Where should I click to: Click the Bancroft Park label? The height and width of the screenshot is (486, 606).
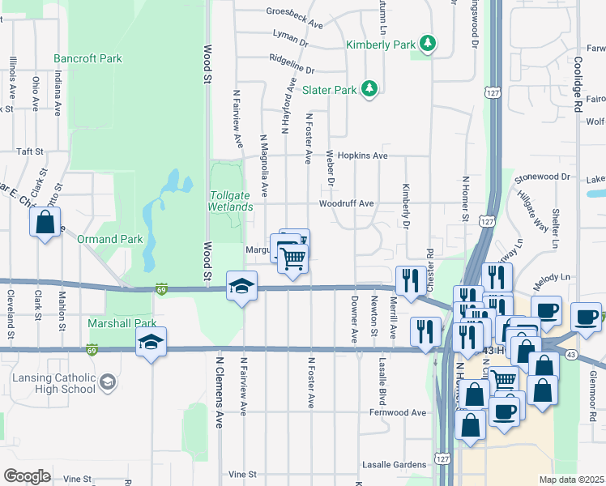(x=87, y=58)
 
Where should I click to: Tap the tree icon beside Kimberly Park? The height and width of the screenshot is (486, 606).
(x=427, y=44)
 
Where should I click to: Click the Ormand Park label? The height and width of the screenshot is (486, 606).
(x=109, y=239)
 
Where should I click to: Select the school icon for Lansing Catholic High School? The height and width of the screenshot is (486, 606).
(x=106, y=381)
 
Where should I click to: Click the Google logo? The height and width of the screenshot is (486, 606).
(x=27, y=476)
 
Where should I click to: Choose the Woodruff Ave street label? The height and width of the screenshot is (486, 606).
(x=346, y=203)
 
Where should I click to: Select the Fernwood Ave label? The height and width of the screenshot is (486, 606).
(x=397, y=412)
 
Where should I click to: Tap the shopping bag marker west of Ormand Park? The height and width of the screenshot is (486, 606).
(x=45, y=222)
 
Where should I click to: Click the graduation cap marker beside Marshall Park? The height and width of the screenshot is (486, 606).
(x=151, y=343)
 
